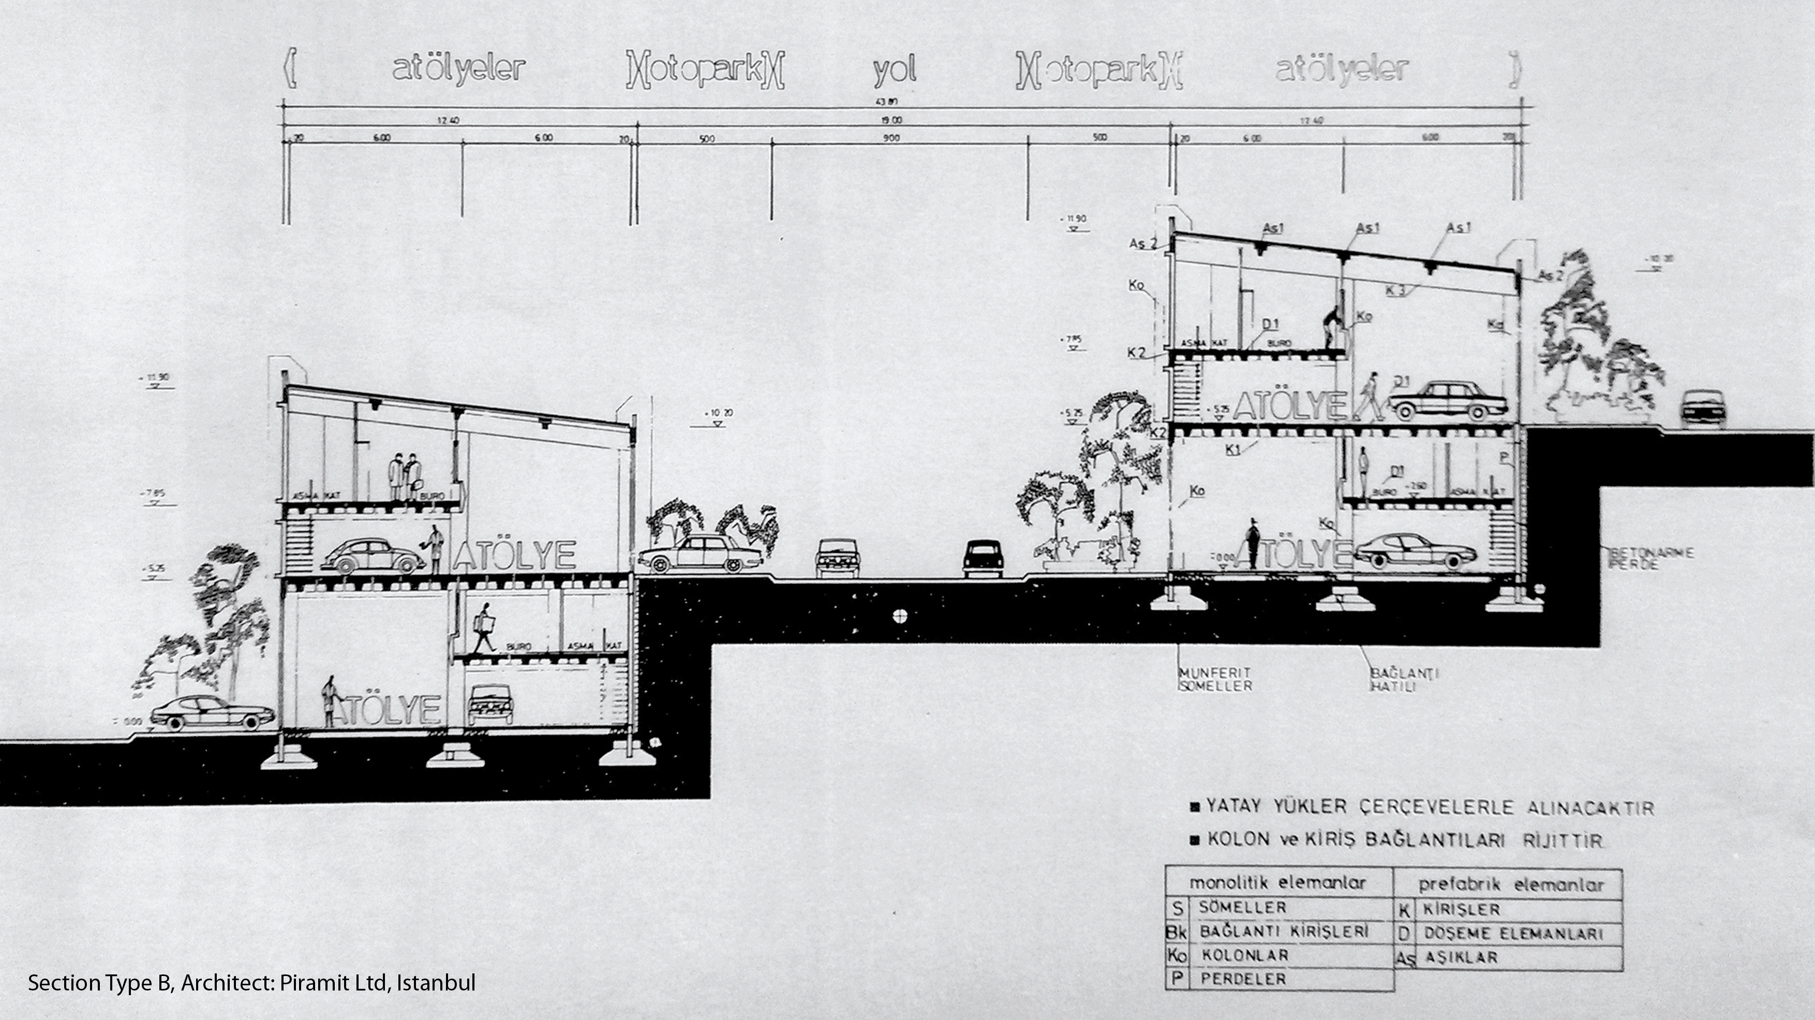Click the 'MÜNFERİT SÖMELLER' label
[x=1215, y=679]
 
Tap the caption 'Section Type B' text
[x=99, y=983]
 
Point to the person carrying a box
[x=484, y=628]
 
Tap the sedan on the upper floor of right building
[x=1448, y=401]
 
